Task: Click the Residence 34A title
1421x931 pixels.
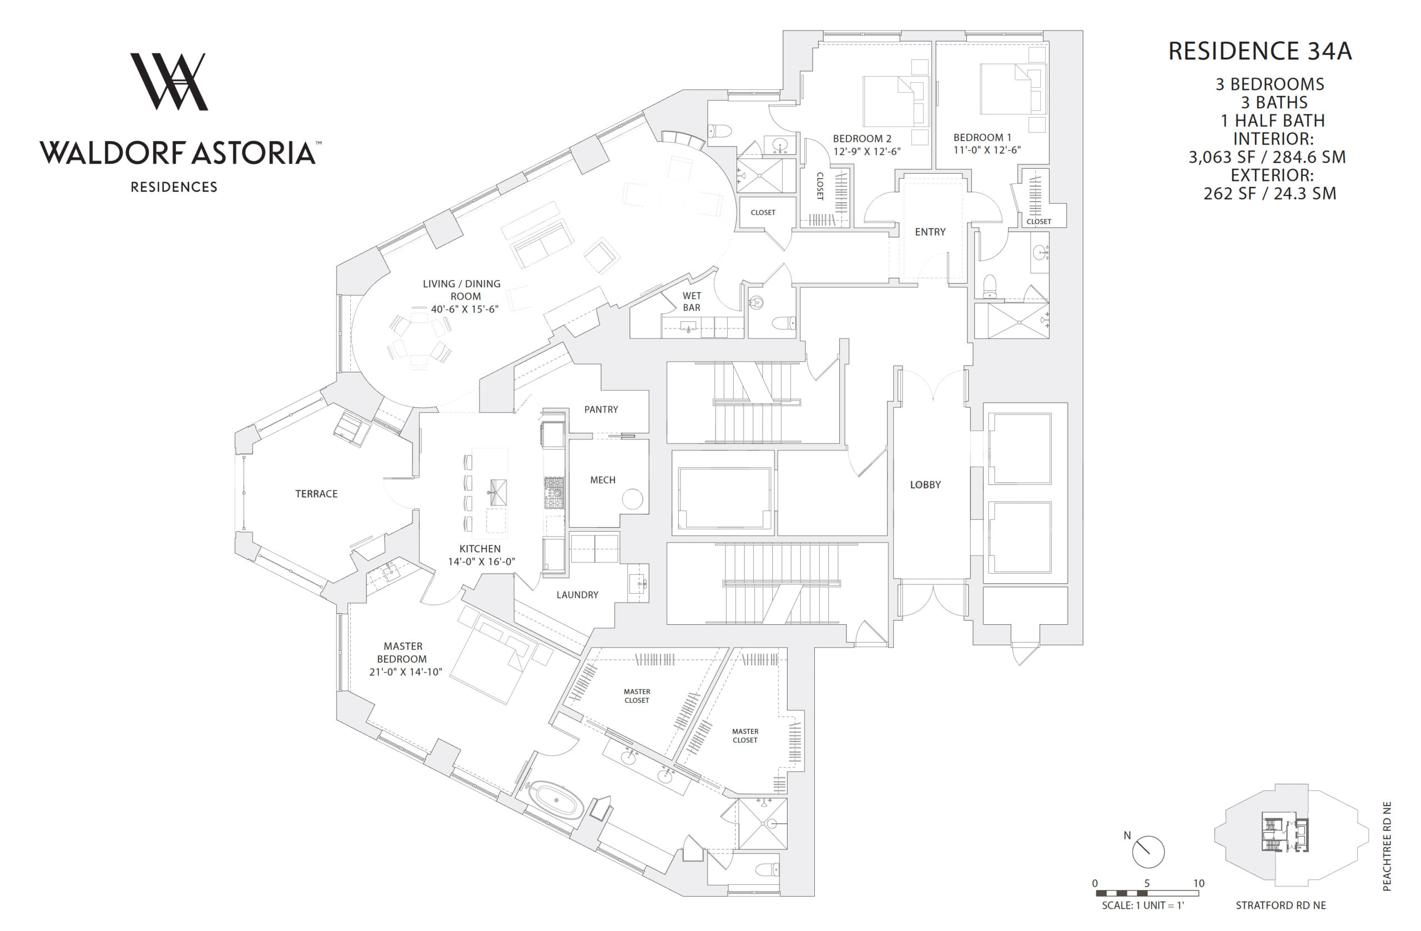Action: tap(1260, 52)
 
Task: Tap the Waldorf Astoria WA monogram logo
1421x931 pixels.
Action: tap(169, 82)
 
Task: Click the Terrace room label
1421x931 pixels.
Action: tap(316, 494)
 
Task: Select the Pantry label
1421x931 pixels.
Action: tap(601, 409)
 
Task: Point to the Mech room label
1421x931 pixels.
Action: tap(602, 480)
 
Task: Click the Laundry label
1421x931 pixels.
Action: tap(577, 594)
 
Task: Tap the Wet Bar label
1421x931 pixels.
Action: tap(692, 301)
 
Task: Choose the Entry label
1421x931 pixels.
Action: tap(930, 231)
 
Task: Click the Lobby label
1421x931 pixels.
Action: tap(925, 484)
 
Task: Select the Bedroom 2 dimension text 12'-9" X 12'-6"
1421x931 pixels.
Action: tap(867, 151)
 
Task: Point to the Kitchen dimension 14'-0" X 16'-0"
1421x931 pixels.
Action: tap(481, 561)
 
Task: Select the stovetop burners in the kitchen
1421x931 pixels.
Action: tap(554, 493)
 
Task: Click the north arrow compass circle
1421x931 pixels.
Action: tap(1148, 852)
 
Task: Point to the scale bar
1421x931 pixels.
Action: tap(1147, 893)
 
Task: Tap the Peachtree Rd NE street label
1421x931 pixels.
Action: tap(1387, 846)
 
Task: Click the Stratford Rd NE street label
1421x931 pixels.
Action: tap(1281, 905)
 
